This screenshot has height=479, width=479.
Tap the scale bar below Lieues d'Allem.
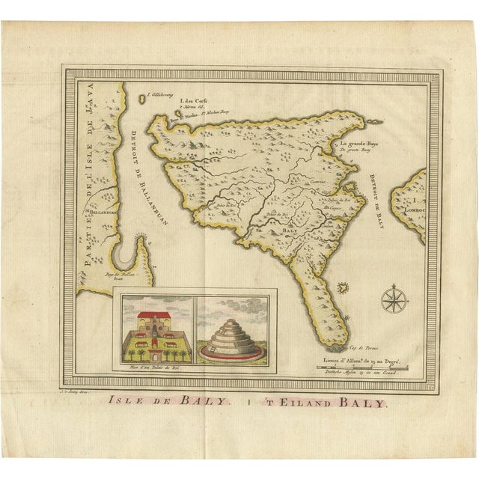click(362, 367)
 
